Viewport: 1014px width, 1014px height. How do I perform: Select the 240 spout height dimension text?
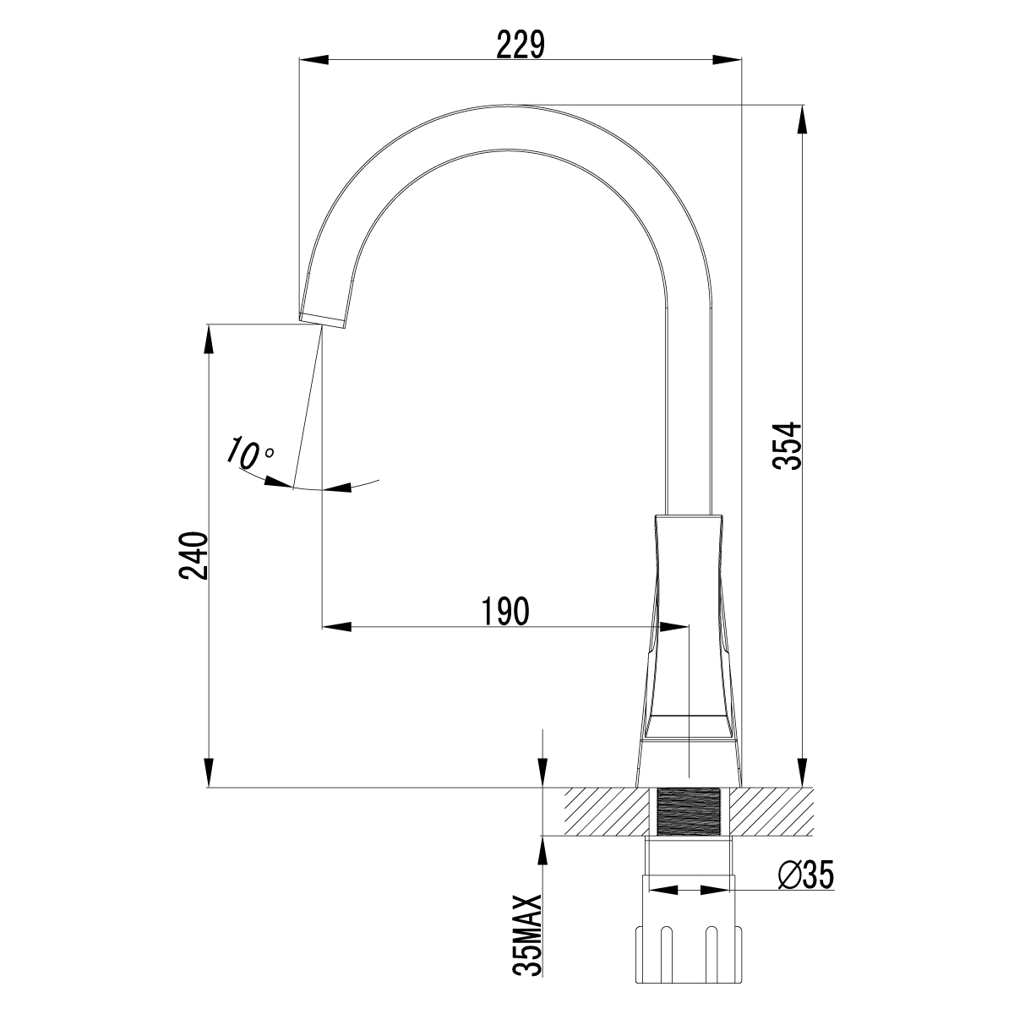click(x=194, y=555)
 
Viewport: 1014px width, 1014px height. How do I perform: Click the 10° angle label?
click(x=248, y=454)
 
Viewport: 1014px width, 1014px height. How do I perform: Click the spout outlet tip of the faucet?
click(x=323, y=319)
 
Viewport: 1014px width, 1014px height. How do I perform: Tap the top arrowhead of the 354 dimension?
click(x=802, y=120)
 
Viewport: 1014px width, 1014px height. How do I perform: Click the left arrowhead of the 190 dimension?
click(x=336, y=626)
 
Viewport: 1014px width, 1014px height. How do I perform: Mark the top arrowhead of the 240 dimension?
click(x=208, y=337)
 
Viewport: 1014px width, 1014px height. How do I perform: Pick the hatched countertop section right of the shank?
click(x=771, y=812)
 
